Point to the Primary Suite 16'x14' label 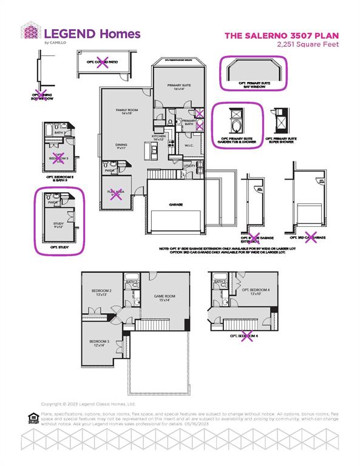click(x=180, y=87)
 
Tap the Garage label click(x=176, y=204)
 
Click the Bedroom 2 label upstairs click(x=101, y=293)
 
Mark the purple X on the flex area click(x=115, y=194)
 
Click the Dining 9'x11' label click(x=121, y=146)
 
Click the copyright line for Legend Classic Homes click(x=88, y=404)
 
